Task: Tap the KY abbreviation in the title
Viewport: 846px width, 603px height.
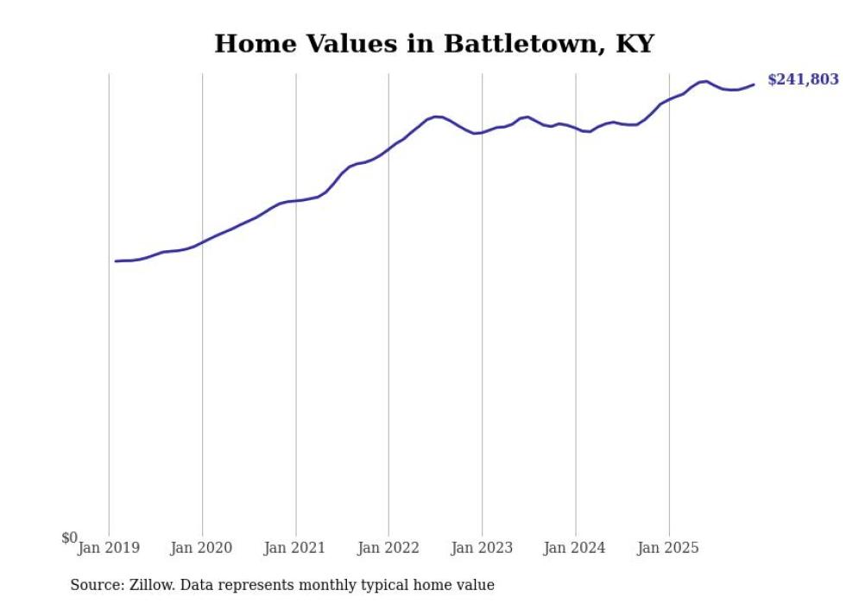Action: pyautogui.click(x=634, y=44)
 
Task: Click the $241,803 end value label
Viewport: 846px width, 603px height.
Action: pyautogui.click(x=802, y=79)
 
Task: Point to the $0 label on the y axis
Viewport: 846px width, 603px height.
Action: pyautogui.click(x=69, y=538)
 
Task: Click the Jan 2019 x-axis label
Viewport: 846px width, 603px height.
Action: pyautogui.click(x=109, y=548)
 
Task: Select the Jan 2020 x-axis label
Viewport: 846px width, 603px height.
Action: pyautogui.click(x=202, y=548)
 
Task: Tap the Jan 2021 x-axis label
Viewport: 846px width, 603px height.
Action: pyautogui.click(x=295, y=548)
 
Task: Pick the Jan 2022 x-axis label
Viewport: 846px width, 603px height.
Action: pyautogui.click(x=388, y=548)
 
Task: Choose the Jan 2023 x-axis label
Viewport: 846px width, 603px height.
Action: pyautogui.click(x=482, y=548)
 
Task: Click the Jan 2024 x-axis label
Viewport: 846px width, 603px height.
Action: pyautogui.click(x=575, y=548)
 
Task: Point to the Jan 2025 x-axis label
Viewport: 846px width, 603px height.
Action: pyautogui.click(x=668, y=548)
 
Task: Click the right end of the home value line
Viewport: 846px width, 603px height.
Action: pyautogui.click(x=754, y=84)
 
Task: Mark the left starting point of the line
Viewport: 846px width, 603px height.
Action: pyautogui.click(x=116, y=261)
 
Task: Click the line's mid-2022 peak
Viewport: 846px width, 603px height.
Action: pyautogui.click(x=437, y=116)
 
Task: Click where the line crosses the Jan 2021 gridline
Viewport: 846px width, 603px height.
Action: pyautogui.click(x=295, y=201)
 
